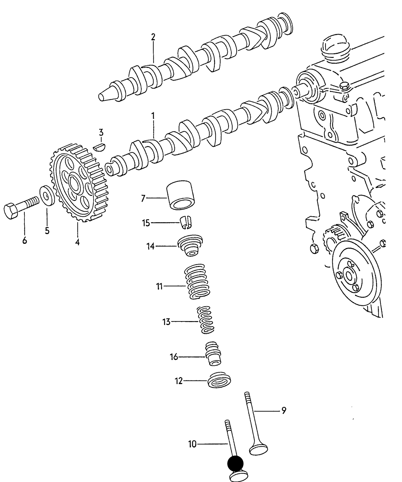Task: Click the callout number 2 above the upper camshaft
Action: click(x=153, y=37)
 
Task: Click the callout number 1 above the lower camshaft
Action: click(x=153, y=115)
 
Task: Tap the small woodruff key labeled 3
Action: click(x=100, y=147)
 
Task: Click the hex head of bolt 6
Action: click(x=11, y=211)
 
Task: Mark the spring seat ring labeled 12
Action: click(x=220, y=380)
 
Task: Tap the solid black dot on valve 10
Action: click(x=235, y=463)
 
